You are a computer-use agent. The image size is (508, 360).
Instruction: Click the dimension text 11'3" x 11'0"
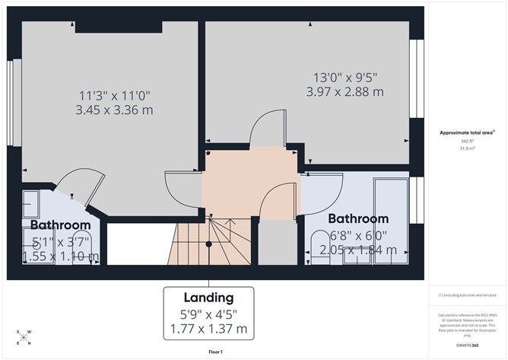click(x=115, y=96)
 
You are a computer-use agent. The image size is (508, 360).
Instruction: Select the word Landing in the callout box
click(x=208, y=298)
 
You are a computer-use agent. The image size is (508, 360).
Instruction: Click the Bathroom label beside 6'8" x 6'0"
click(x=357, y=218)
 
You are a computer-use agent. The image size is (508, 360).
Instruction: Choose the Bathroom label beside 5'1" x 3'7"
click(x=60, y=225)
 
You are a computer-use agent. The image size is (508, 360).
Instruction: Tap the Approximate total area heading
click(x=465, y=132)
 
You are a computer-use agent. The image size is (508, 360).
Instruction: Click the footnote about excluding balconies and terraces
click(x=465, y=295)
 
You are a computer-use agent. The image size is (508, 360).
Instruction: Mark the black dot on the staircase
click(x=209, y=244)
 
